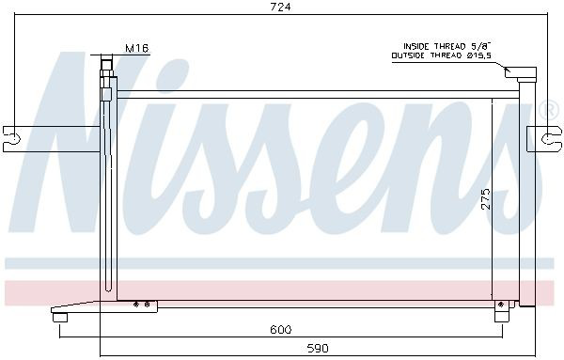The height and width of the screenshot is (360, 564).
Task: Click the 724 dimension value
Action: point(280,7)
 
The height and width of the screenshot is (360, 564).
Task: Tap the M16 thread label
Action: point(137,48)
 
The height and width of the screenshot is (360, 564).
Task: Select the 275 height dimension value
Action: point(486,199)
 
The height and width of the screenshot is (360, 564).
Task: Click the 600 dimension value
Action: point(281,329)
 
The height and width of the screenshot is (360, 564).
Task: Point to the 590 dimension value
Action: point(318,348)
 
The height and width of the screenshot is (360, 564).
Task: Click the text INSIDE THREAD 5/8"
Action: point(447,46)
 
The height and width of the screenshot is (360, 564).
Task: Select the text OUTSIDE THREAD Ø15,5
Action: point(442,55)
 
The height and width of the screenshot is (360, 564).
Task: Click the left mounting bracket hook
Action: point(11,138)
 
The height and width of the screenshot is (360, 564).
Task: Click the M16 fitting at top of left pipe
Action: point(107,66)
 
